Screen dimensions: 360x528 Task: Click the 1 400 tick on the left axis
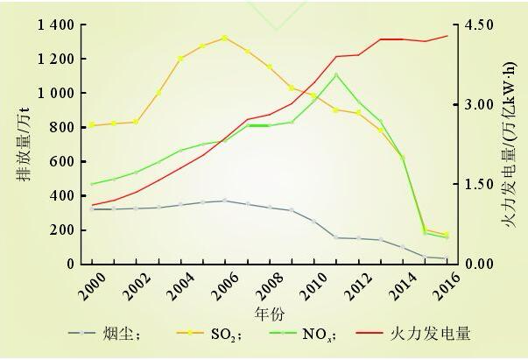55,25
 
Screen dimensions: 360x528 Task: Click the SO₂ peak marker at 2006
224,38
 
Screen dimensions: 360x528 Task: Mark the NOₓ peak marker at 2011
335,74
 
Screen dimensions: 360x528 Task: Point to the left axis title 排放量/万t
21,145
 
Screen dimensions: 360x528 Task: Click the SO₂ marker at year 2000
91,125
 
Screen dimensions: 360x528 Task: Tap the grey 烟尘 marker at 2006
224,201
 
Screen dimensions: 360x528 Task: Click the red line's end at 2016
447,36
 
